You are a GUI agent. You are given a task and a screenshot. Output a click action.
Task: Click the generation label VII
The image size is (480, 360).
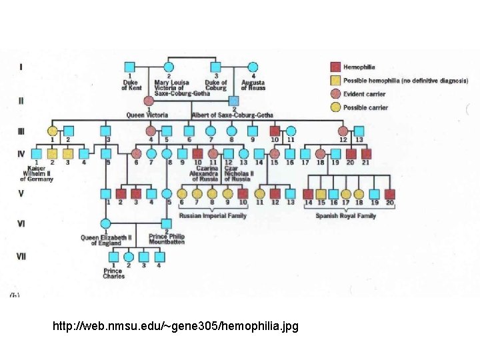21,256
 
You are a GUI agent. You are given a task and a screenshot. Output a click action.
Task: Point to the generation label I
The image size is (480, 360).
21,67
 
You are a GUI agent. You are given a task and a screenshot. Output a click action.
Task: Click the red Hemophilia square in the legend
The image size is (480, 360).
335,67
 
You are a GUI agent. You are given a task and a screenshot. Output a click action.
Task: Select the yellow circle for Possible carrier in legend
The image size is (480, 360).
335,107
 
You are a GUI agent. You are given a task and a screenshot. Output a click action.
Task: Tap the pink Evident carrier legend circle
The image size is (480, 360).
335,93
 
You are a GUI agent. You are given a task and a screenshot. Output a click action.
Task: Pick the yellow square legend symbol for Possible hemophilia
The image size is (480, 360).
335,80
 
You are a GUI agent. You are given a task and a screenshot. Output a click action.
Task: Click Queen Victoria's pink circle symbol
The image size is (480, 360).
149,101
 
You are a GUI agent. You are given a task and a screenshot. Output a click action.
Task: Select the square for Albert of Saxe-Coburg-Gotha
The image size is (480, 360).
233,101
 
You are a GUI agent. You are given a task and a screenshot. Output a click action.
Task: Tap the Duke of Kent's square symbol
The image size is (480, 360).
130,67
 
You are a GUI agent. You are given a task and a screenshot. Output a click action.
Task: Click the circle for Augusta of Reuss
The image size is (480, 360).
253,67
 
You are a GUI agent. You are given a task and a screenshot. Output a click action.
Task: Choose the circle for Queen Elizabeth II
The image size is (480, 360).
105,223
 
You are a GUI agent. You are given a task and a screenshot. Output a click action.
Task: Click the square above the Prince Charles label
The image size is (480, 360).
113,257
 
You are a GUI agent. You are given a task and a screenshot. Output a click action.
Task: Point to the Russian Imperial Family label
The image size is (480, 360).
213,216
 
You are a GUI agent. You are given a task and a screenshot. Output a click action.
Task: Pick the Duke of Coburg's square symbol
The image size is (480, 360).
216,67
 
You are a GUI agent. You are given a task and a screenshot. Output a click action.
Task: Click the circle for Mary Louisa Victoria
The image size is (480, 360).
169,67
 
